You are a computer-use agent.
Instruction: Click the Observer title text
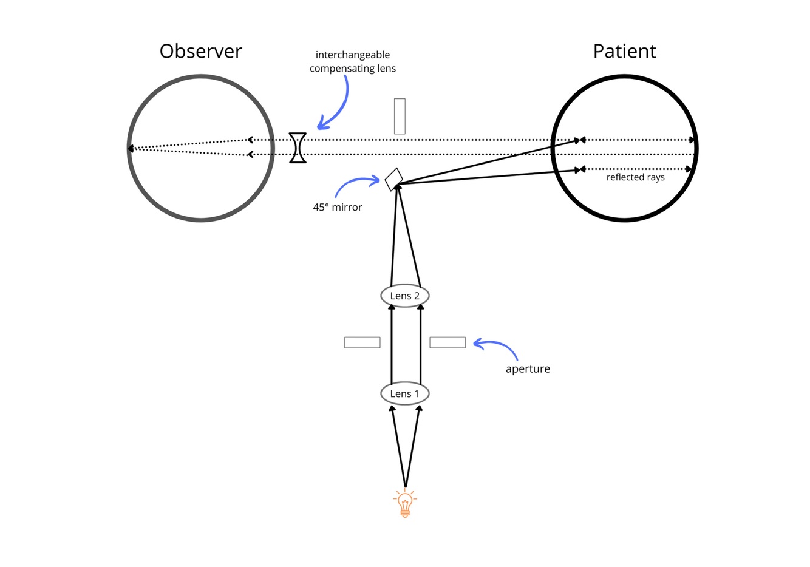click(200, 51)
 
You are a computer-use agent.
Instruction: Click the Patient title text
click(624, 51)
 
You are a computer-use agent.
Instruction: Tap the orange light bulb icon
click(405, 504)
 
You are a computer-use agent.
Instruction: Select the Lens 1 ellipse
click(404, 393)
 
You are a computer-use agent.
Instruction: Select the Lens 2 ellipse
click(404, 296)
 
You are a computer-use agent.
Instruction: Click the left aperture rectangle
click(362, 342)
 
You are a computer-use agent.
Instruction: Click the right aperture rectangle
click(448, 342)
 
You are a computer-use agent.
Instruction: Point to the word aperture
click(528, 369)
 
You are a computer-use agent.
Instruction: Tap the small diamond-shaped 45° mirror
click(394, 179)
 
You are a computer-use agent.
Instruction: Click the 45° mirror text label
click(337, 207)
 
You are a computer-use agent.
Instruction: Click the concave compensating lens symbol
click(298, 148)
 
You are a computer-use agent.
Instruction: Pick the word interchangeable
click(352, 55)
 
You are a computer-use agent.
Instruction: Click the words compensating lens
click(352, 69)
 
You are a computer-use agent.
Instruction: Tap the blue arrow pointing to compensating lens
click(337, 106)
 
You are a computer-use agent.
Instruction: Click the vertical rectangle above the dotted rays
click(400, 116)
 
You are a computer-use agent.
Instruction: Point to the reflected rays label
click(635, 177)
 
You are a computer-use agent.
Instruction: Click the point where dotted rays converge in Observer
click(130, 148)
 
